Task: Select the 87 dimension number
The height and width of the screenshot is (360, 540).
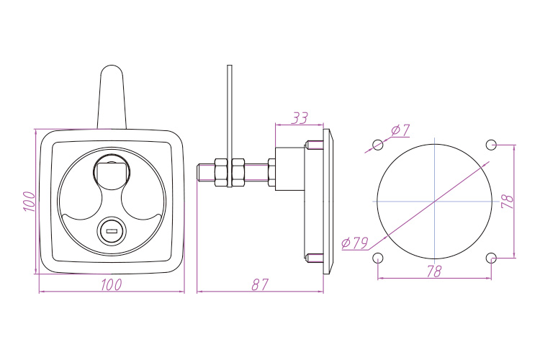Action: coord(259,284)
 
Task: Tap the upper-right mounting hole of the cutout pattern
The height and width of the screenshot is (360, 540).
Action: coord(491,144)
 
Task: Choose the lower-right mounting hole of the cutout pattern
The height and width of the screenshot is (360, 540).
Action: coord(492,258)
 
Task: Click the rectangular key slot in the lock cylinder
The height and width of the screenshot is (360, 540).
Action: coord(111,231)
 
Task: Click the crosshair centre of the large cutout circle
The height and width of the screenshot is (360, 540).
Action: coord(434,200)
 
